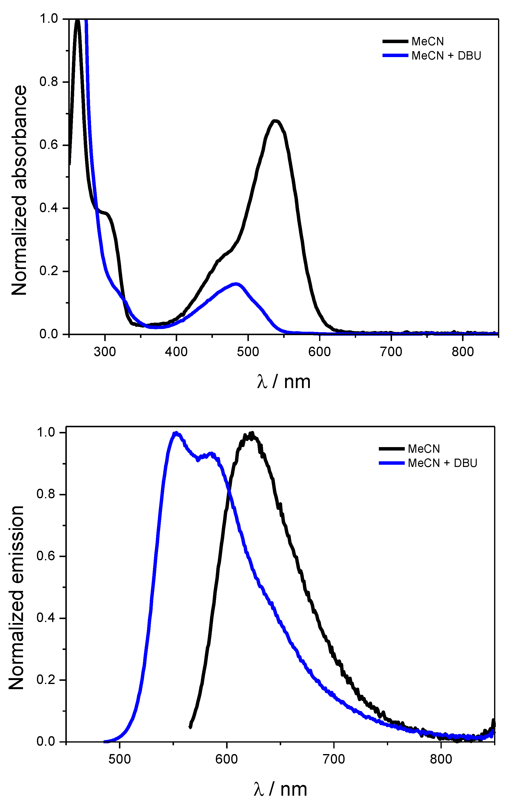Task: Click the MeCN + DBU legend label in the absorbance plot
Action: pos(446,56)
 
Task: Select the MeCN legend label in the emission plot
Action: pos(424,449)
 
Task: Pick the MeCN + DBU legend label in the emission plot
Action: pos(442,463)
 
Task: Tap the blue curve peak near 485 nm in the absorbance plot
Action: pos(236,284)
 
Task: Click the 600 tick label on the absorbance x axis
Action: pos(319,352)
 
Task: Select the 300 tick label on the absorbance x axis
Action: pos(105,352)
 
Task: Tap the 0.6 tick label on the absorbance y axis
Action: pos(49,145)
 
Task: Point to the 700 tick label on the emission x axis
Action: pos(334,759)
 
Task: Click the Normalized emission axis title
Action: pos(16,598)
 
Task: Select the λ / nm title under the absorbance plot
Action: pos(284,382)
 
